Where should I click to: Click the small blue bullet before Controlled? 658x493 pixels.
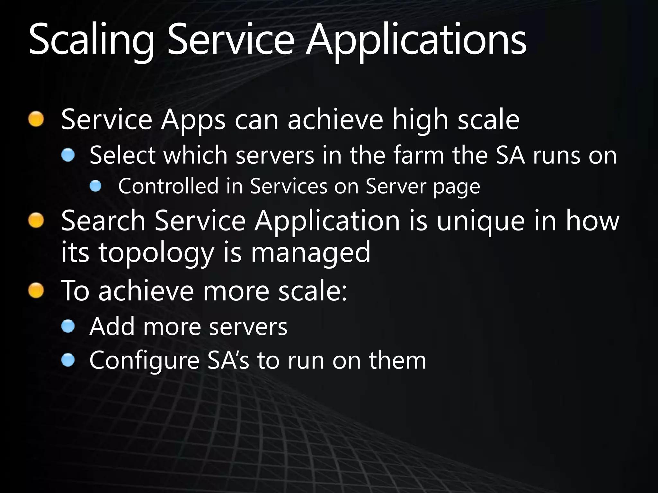[x=95, y=186]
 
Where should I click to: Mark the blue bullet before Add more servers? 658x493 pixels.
[x=68, y=327]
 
